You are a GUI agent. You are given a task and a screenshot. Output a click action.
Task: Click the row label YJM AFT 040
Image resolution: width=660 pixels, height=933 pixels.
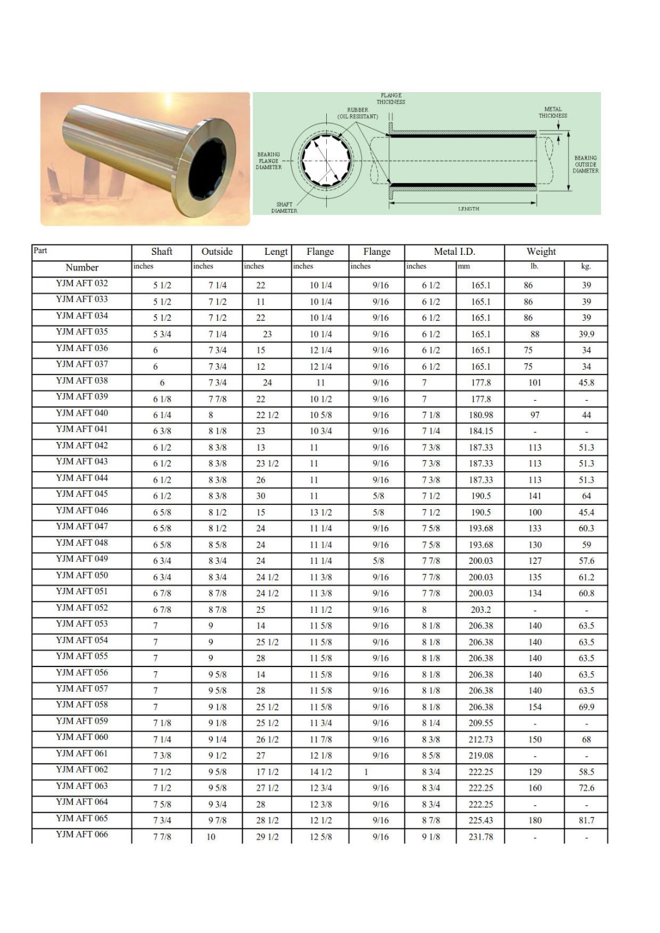tap(82, 413)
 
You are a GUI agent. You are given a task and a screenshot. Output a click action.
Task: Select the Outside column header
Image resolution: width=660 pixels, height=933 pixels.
tap(216, 252)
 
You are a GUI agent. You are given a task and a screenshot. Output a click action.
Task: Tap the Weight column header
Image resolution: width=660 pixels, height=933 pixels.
tap(541, 252)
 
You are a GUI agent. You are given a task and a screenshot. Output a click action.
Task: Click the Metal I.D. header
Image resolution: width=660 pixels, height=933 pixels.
tap(454, 252)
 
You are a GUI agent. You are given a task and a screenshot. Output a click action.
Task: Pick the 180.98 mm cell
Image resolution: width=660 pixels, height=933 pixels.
tap(480, 415)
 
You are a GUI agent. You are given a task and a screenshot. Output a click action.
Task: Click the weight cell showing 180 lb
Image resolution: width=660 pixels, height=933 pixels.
tap(535, 820)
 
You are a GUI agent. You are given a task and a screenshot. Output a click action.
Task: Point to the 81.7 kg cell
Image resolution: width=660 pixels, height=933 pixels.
tap(586, 820)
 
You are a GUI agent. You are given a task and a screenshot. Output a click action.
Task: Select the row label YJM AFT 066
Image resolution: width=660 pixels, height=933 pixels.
tap(82, 834)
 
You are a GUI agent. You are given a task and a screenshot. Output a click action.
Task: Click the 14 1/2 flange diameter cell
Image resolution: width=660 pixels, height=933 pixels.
tap(320, 772)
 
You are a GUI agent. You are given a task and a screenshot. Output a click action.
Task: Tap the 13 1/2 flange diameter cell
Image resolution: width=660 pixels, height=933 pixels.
tap(320, 513)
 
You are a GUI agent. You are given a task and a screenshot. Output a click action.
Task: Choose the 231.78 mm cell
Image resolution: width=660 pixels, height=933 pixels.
tap(480, 837)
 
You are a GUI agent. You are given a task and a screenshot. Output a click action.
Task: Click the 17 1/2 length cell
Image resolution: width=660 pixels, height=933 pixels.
tap(267, 772)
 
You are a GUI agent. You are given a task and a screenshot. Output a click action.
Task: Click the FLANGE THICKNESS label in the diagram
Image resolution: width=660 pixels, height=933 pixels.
tap(390, 99)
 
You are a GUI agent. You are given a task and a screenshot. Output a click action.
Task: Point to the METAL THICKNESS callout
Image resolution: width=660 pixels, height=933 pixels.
tap(553, 113)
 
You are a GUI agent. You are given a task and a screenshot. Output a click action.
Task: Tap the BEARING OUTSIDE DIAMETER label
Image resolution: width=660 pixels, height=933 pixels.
tap(585, 164)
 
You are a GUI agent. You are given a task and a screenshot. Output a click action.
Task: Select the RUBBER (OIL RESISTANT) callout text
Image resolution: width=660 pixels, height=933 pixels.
tap(357, 113)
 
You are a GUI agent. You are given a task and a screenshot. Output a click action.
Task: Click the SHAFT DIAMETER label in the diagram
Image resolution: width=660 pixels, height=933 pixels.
tap(284, 208)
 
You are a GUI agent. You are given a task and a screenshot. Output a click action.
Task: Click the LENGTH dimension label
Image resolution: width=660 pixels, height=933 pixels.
tap(468, 209)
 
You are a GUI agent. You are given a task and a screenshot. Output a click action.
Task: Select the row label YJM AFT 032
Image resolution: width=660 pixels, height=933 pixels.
tap(82, 283)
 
